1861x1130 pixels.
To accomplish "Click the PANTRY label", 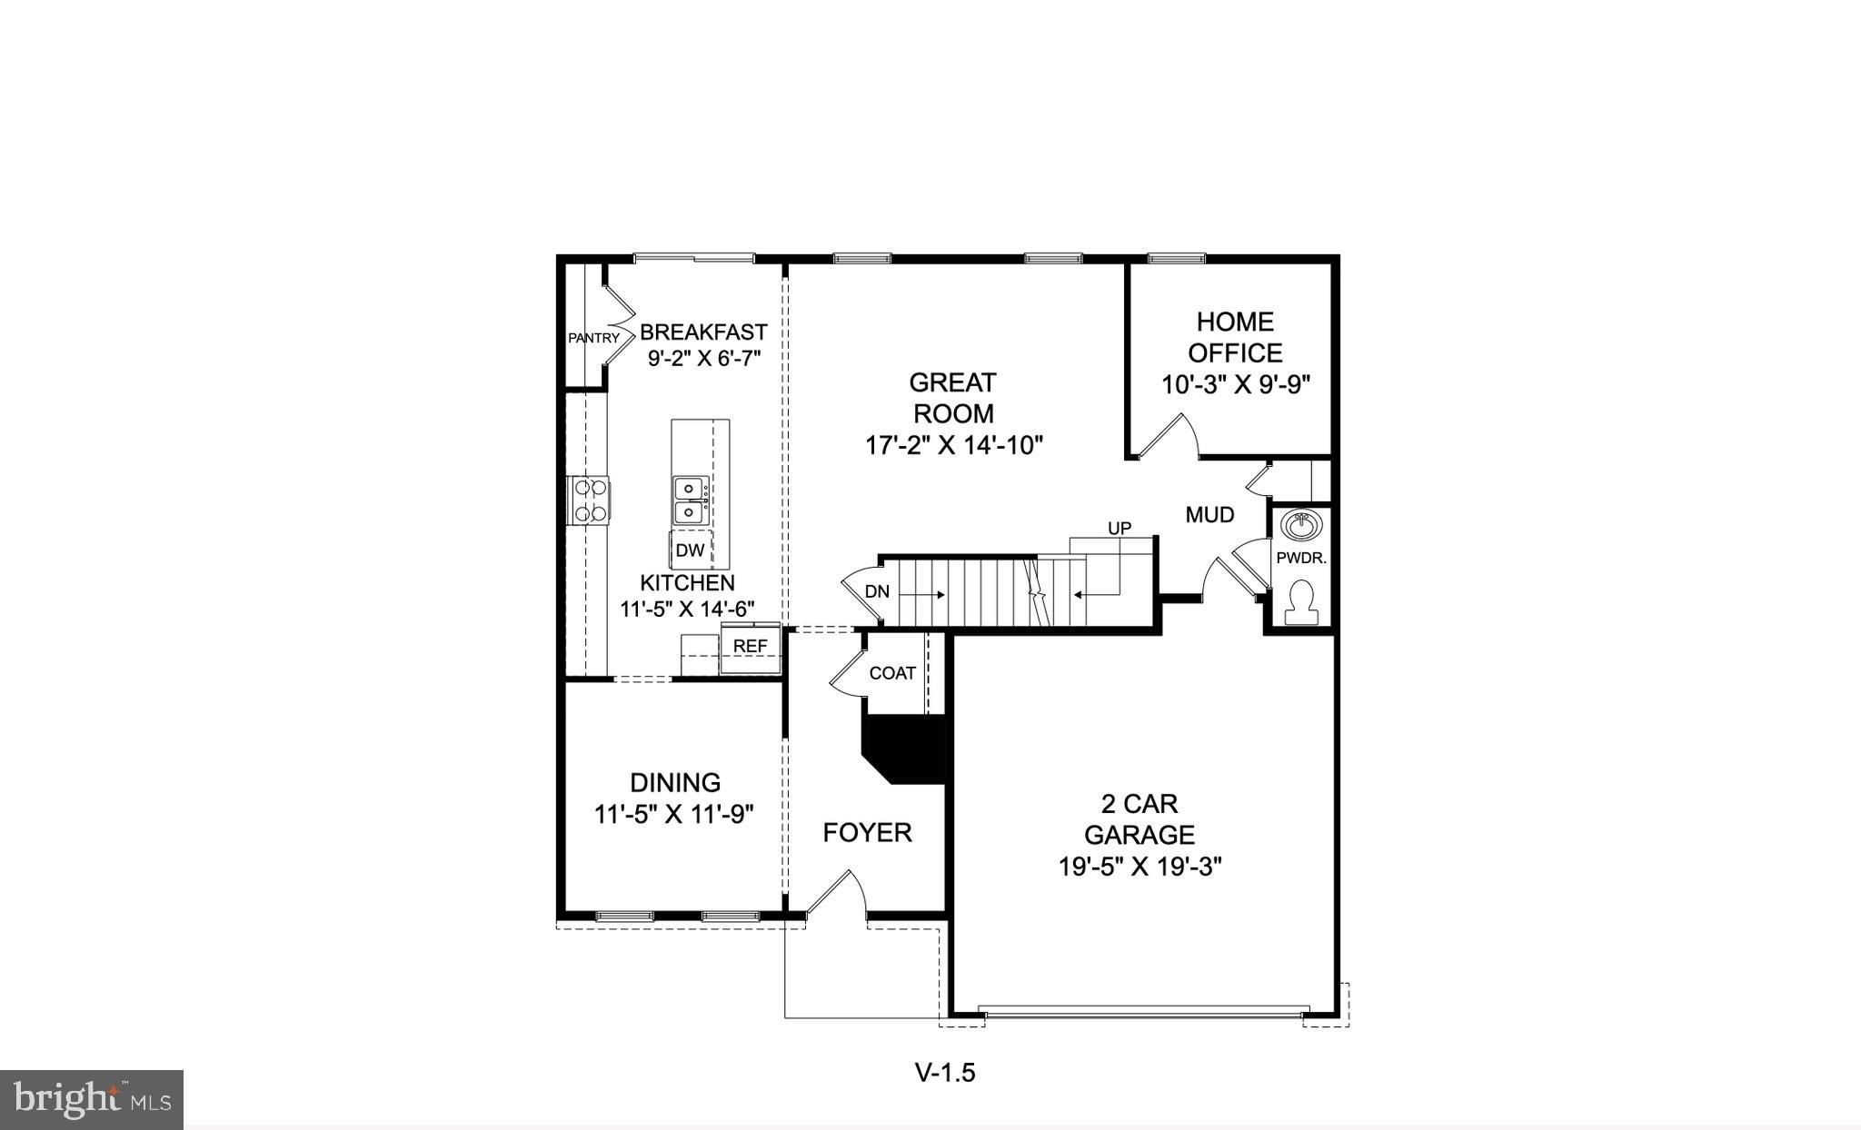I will [x=593, y=338].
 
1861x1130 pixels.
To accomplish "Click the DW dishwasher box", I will [x=691, y=550].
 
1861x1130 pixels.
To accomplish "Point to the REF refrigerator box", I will [x=751, y=646].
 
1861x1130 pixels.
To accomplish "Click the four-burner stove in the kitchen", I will [x=591, y=501].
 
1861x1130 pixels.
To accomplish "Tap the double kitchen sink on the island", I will [x=690, y=501].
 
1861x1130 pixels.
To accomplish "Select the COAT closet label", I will [x=892, y=673].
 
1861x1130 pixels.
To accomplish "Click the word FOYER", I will [x=867, y=832].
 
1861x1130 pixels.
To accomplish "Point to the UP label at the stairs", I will [x=1120, y=528].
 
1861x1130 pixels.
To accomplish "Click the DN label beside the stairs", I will [x=877, y=592].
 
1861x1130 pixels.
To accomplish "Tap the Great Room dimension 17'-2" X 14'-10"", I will [x=953, y=446].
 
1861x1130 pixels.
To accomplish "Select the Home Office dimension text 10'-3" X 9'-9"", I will [x=1235, y=385].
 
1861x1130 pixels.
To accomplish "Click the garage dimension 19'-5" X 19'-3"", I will [x=1139, y=867].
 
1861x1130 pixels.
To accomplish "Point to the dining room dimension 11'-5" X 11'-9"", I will [x=674, y=814].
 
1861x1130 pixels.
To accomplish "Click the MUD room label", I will [x=1209, y=515].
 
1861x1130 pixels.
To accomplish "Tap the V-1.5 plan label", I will [x=945, y=1073].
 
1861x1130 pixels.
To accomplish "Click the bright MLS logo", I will [x=92, y=1100].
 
